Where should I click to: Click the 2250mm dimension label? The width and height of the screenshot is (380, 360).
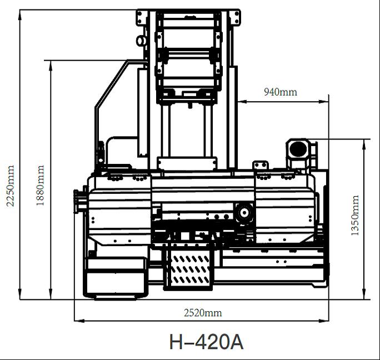[10, 186]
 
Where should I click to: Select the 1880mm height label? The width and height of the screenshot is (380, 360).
[40, 186]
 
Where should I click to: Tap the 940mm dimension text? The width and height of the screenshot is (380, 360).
[281, 92]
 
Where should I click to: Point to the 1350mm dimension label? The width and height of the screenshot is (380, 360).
[355, 215]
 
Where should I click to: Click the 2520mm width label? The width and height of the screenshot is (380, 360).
[203, 313]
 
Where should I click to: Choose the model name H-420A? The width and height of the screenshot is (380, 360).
[206, 342]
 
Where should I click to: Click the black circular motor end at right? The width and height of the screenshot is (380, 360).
[298, 148]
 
